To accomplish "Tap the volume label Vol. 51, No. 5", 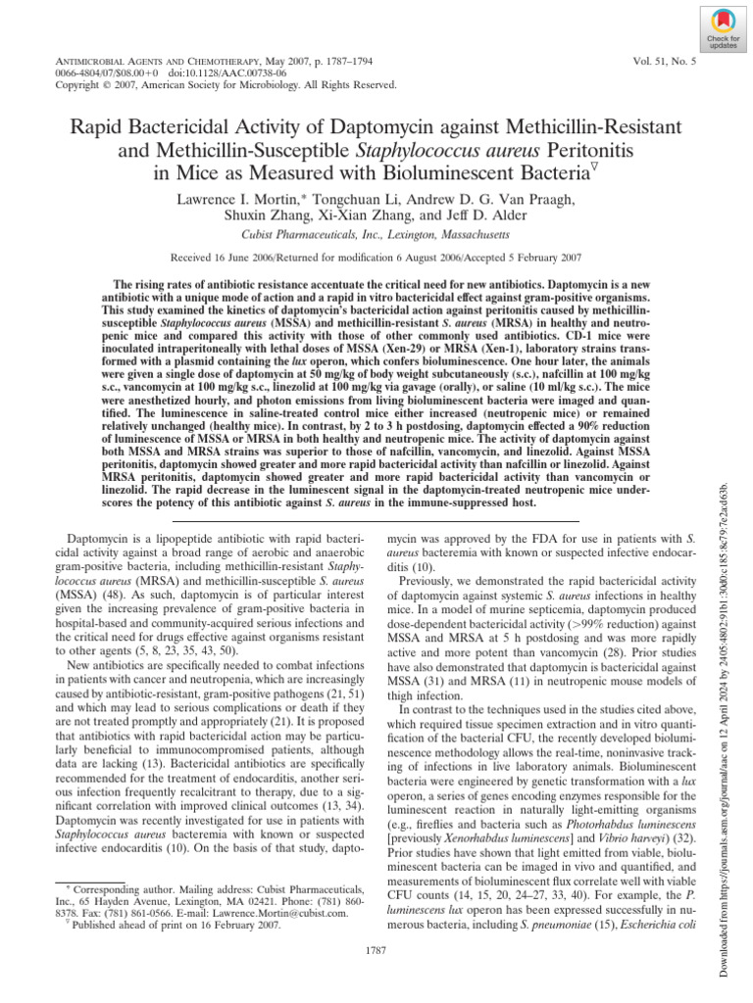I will coord(667,61).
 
